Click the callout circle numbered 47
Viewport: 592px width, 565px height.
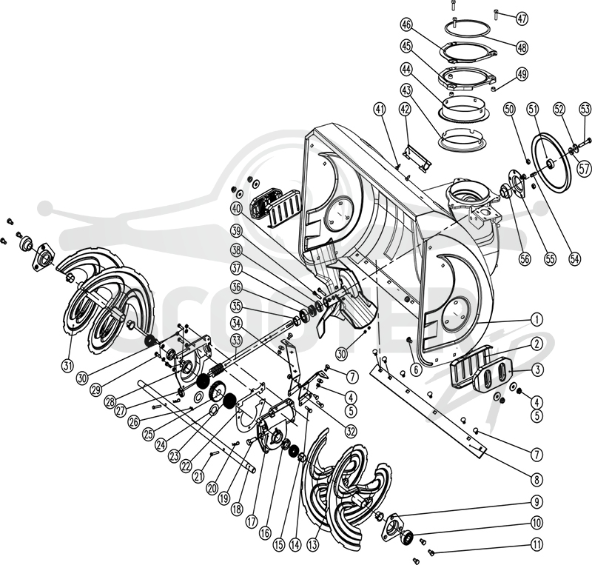pyautogui.click(x=522, y=19)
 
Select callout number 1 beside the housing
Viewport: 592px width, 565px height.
pyautogui.click(x=536, y=319)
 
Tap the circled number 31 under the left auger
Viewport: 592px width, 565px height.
pyautogui.click(x=67, y=365)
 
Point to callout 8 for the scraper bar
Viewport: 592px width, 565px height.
pyautogui.click(x=536, y=480)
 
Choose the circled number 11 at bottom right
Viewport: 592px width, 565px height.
pyautogui.click(x=536, y=544)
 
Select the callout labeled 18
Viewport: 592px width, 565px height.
pyautogui.click(x=237, y=509)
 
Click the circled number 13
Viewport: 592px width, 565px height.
pyautogui.click(x=313, y=544)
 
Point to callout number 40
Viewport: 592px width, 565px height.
pyautogui.click(x=237, y=209)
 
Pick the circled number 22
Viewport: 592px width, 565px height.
pyautogui.click(x=186, y=467)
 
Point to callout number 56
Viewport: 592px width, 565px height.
pyautogui.click(x=525, y=258)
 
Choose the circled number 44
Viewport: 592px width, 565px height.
pyautogui.click(x=407, y=69)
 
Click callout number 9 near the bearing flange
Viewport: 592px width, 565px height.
pyautogui.click(x=536, y=502)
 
